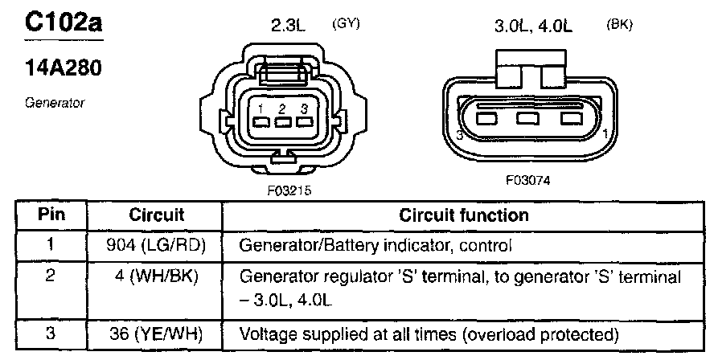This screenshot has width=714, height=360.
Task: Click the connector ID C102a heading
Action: click(64, 22)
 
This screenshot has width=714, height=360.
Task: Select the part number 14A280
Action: click(63, 67)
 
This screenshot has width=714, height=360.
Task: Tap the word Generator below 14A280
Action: click(55, 103)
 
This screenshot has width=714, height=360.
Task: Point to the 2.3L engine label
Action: click(288, 26)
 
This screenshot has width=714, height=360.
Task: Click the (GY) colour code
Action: click(346, 24)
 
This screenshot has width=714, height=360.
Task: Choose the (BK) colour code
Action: click(619, 25)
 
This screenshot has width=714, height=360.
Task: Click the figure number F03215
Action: click(289, 190)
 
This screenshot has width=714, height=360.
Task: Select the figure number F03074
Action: click(527, 181)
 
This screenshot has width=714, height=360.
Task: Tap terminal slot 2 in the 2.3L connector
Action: click(283, 122)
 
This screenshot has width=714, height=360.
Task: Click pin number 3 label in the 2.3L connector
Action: click(304, 108)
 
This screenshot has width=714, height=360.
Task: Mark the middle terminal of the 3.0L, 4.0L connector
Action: click(527, 118)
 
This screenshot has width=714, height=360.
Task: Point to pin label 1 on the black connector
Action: click(605, 134)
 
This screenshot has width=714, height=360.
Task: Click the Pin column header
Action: click(51, 215)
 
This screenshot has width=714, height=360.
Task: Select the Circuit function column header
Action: click(464, 215)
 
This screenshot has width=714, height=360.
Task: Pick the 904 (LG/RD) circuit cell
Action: click(156, 245)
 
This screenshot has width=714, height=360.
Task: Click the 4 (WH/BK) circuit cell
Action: click(156, 276)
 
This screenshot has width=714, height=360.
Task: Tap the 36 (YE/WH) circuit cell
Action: click(156, 334)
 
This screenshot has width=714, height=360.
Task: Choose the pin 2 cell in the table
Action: click(51, 276)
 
